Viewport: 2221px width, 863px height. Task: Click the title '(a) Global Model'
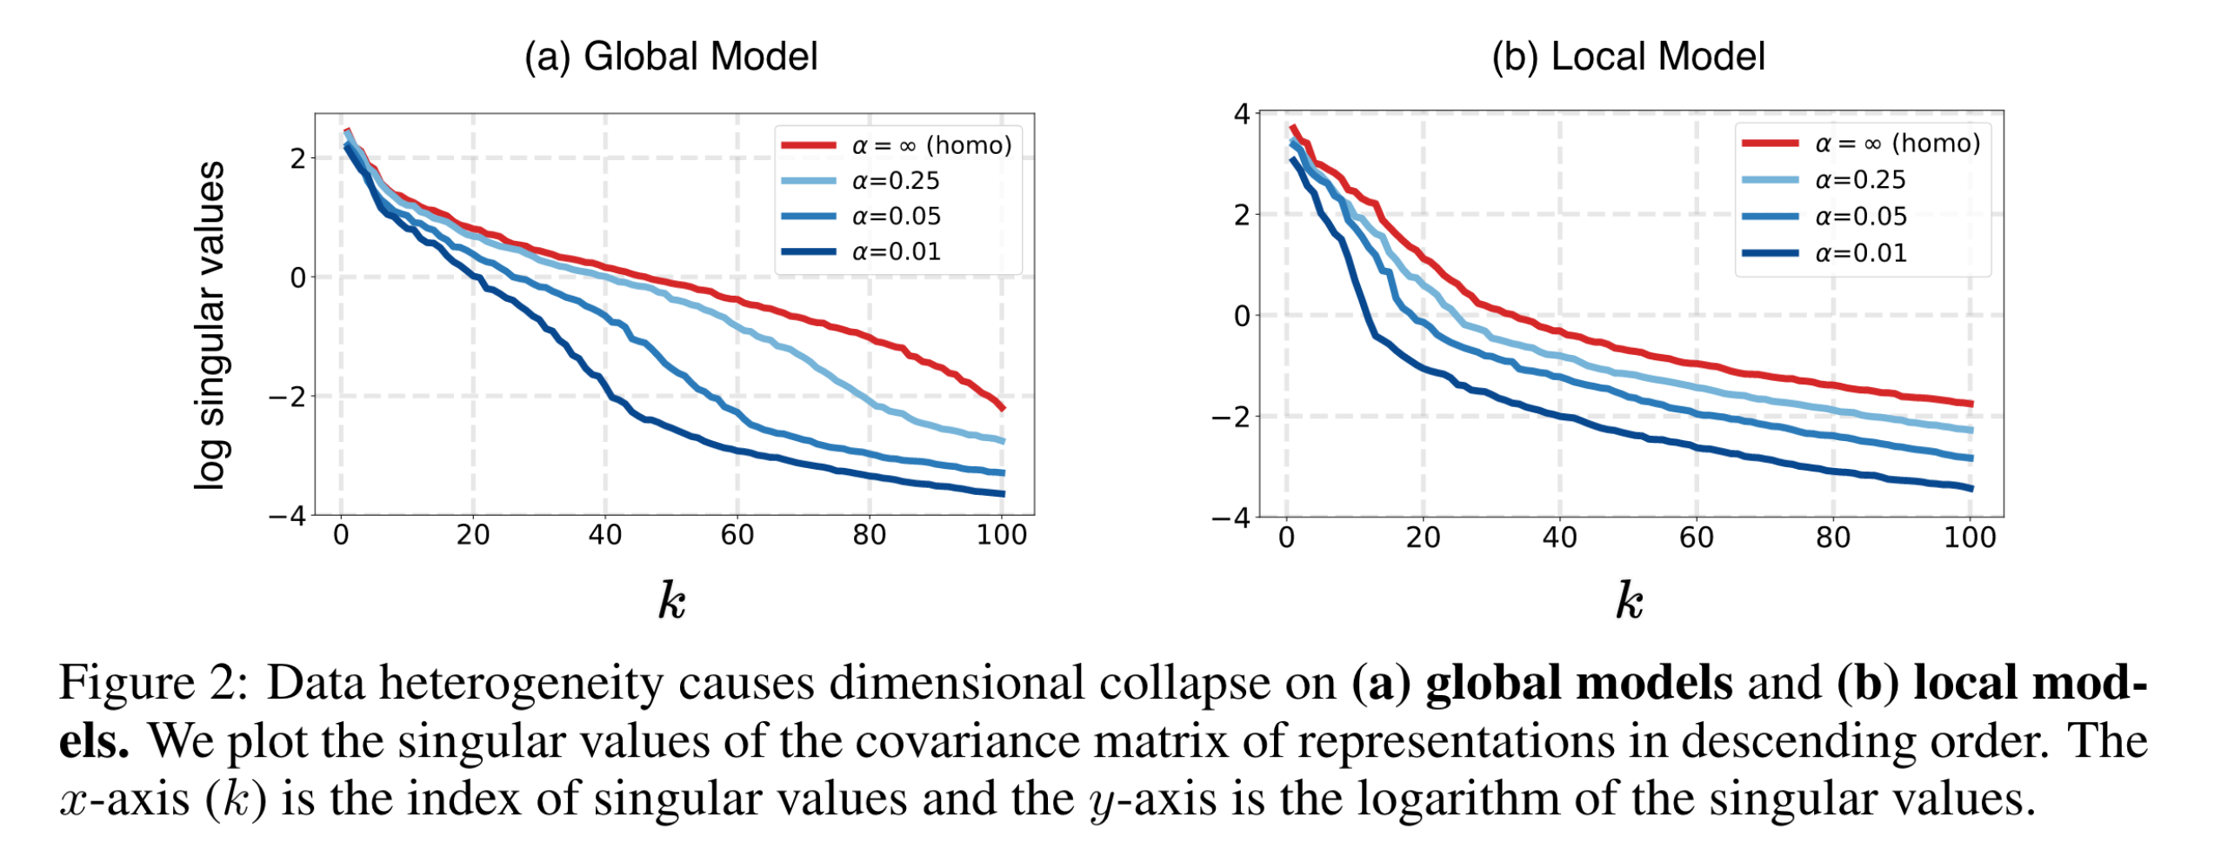(670, 57)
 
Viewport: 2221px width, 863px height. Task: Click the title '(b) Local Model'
(1627, 57)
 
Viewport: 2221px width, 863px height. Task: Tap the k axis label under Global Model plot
(670, 601)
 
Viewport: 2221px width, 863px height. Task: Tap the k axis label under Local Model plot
(1629, 601)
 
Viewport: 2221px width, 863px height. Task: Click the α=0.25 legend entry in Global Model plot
(895, 181)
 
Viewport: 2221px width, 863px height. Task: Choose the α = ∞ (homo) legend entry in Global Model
(930, 145)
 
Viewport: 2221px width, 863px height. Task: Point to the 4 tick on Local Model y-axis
(1241, 114)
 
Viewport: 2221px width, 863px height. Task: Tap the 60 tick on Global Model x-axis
(737, 535)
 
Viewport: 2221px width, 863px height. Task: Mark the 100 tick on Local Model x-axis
(1969, 538)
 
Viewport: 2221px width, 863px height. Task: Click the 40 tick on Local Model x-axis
(1558, 538)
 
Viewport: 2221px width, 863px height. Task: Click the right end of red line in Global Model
(1003, 407)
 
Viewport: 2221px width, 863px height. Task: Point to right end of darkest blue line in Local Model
(1971, 488)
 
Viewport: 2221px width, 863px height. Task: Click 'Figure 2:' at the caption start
(153, 682)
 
